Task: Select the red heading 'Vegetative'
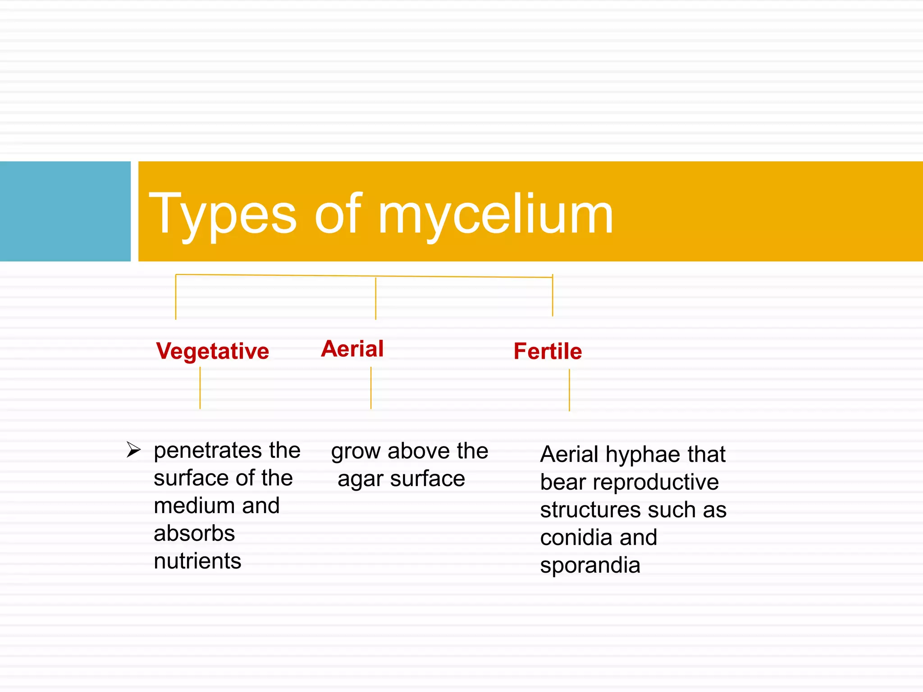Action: click(212, 351)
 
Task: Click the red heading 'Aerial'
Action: click(352, 349)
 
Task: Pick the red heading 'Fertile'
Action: click(548, 351)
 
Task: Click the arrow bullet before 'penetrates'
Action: click(133, 450)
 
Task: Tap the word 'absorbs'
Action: click(194, 533)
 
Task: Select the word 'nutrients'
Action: click(197, 561)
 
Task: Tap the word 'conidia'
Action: click(576, 537)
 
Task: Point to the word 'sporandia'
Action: click(590, 565)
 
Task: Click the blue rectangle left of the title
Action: click(65, 211)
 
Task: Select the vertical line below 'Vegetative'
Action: click(200, 388)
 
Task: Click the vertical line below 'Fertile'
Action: click(569, 390)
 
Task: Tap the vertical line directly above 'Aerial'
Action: click(375, 298)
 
